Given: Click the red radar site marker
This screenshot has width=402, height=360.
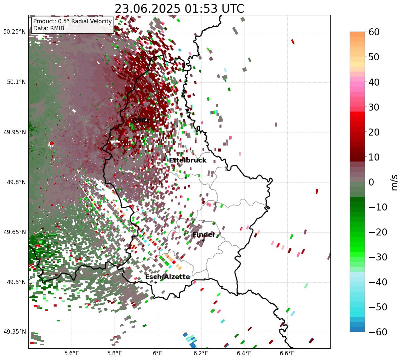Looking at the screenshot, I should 51,144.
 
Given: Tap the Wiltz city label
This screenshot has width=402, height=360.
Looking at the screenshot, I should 141,120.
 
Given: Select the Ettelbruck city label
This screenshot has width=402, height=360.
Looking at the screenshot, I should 188,161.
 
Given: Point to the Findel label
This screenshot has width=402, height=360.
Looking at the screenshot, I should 203,235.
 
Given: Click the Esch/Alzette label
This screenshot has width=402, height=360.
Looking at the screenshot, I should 168,277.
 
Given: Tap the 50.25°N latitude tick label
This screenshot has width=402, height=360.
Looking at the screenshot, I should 14,32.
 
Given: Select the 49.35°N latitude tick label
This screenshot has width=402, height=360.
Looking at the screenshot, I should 14,332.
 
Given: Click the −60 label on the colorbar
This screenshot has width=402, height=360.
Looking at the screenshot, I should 378,332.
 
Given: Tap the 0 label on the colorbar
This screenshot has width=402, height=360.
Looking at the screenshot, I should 371,182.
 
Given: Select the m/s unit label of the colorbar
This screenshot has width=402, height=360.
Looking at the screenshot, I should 394,182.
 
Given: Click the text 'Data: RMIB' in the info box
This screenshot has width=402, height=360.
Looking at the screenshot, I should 49,28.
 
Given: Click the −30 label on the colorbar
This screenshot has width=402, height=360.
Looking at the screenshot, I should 378,257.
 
